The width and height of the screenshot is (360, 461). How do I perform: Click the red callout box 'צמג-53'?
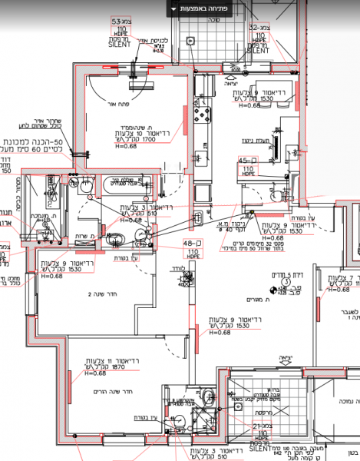[121, 22]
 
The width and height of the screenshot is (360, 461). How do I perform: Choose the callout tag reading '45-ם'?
[249, 160]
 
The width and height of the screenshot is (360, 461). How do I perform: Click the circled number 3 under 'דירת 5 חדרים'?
[285, 283]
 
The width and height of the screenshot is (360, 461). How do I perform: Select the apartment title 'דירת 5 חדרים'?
[286, 274]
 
